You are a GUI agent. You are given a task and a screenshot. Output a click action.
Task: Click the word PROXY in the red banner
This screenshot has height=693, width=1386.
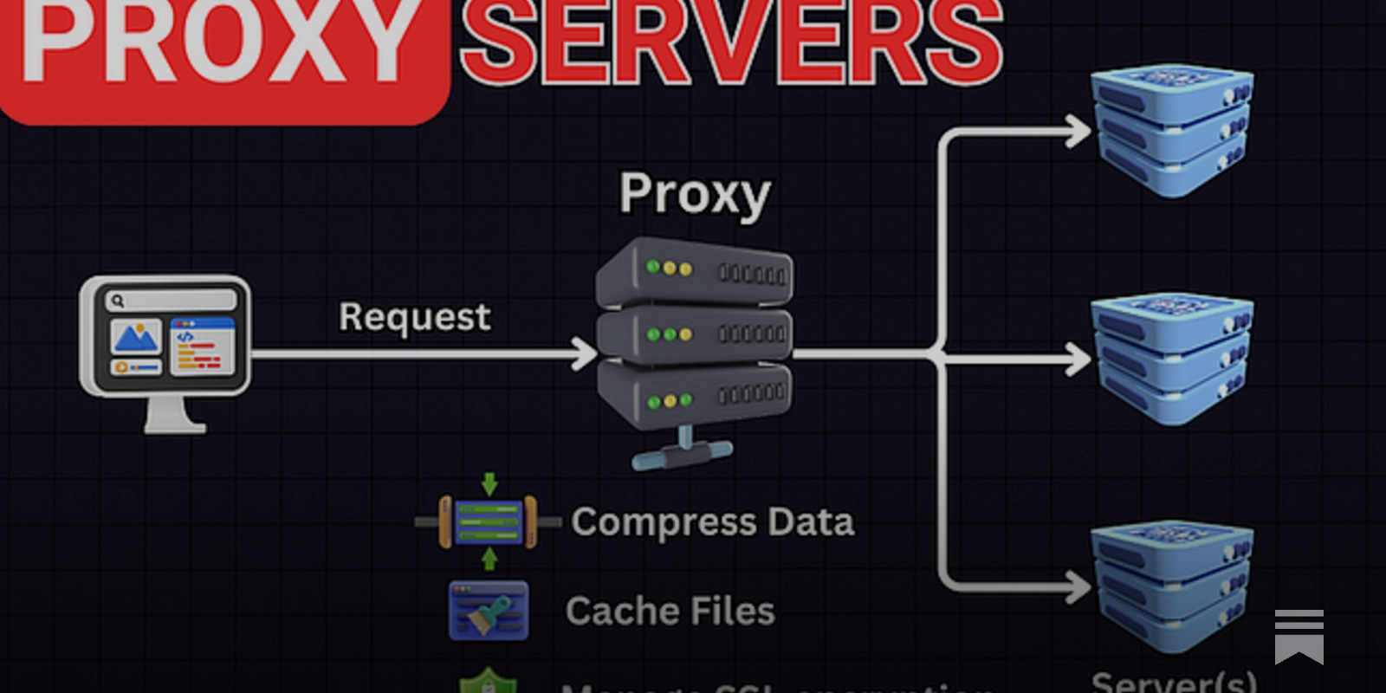(217, 43)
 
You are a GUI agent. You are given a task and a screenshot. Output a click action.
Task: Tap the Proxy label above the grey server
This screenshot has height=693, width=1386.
(695, 194)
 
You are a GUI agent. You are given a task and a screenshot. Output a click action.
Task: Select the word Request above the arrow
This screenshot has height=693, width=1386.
(414, 317)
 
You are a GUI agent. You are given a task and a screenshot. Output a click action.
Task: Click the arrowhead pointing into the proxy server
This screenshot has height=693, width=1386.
(586, 353)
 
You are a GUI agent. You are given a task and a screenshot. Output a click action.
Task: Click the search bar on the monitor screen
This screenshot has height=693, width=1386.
(170, 301)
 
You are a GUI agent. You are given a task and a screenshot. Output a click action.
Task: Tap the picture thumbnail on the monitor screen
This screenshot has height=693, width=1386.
(135, 337)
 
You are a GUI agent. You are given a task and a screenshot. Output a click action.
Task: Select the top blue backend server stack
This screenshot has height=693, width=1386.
(1172, 130)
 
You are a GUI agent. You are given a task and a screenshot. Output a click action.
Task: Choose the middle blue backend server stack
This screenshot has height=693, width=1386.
(1172, 357)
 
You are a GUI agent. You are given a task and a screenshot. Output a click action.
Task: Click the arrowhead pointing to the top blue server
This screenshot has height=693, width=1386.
(1079, 132)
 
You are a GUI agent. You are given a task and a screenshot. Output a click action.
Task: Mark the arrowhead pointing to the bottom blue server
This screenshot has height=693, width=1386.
(1079, 587)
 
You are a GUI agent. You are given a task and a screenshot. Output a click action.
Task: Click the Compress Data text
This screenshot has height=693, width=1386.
(712, 522)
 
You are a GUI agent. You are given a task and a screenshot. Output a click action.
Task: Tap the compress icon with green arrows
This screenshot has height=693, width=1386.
(489, 521)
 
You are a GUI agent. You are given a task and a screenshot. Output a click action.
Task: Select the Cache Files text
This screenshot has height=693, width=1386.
(670, 612)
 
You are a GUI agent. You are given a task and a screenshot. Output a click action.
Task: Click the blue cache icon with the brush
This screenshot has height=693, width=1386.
(489, 611)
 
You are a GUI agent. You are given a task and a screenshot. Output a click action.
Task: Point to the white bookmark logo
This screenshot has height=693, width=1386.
(1299, 636)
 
